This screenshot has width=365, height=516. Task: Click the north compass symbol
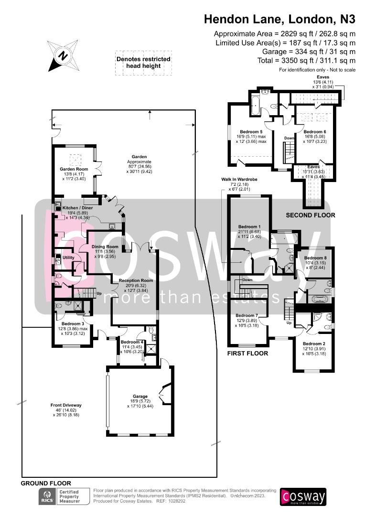(63, 55)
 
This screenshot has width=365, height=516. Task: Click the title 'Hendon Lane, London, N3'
(279, 19)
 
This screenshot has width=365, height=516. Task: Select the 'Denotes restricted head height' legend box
(143, 63)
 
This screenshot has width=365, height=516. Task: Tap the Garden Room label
(73, 169)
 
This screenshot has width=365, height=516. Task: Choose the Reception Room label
(136, 280)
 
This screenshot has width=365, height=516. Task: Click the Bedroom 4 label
(132, 342)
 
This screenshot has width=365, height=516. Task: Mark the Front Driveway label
(66, 405)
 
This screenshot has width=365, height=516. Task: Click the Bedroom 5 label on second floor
(251, 131)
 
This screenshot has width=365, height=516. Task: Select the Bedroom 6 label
(315, 131)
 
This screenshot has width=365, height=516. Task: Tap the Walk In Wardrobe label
(239, 179)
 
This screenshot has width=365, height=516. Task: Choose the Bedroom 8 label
(315, 258)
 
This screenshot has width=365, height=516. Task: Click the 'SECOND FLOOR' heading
(310, 215)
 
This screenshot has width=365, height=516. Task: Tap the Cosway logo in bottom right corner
(303, 497)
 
